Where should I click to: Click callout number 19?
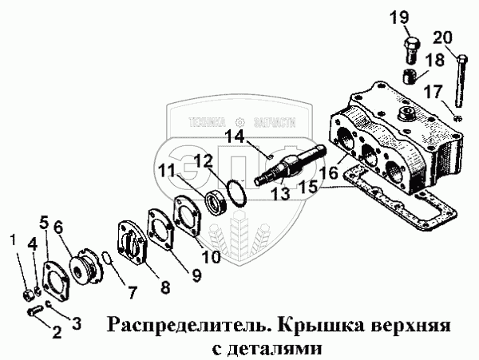click(x=399, y=18)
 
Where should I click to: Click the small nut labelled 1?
click(x=28, y=291)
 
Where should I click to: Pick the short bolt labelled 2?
click(x=33, y=311)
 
